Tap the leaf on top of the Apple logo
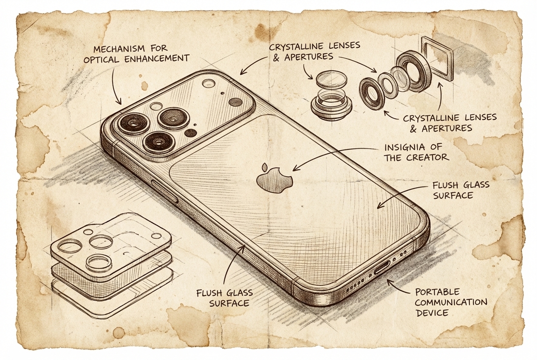[266, 166]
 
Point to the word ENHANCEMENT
[157, 59]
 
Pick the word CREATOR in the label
[430, 157]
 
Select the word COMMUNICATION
[451, 302]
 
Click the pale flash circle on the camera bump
[209, 83]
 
